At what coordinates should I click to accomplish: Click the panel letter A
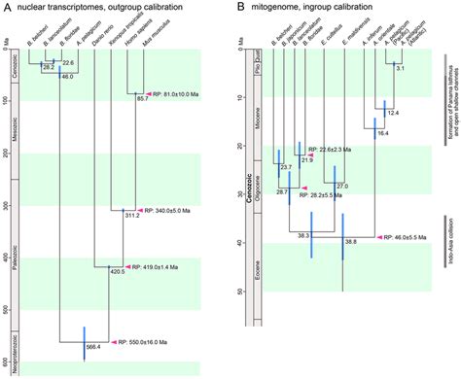tap(7, 9)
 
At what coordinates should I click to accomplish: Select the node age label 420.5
tap(117, 272)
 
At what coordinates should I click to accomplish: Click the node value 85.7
tap(142, 99)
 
